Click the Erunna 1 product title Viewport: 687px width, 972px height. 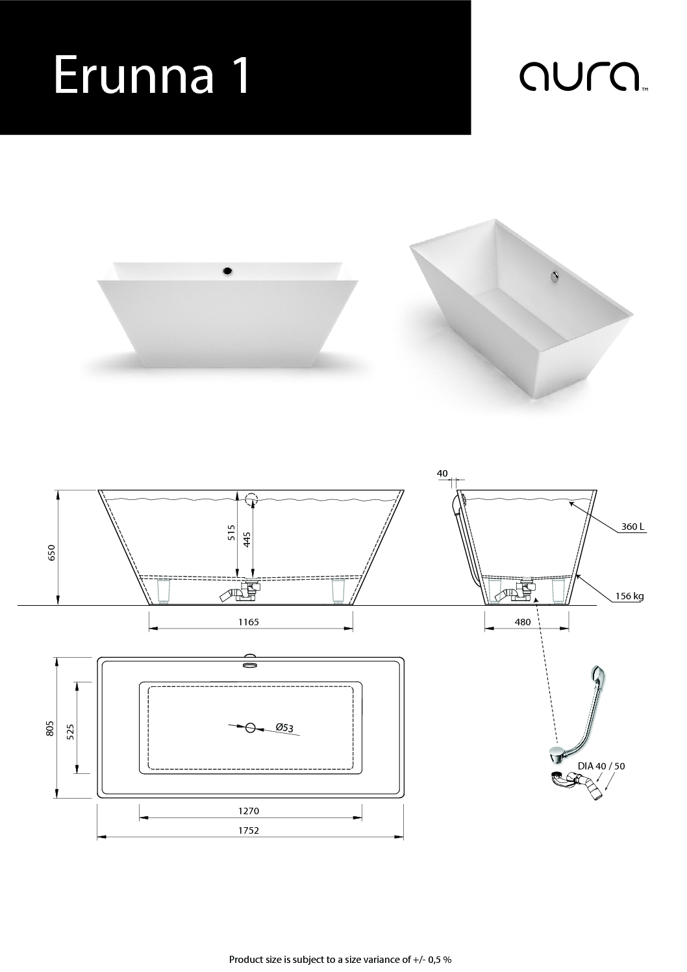coord(151,74)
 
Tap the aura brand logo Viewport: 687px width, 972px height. coord(584,77)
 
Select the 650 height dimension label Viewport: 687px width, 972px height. coord(52,553)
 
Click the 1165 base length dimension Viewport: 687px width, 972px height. coord(248,622)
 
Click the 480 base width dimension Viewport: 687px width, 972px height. coord(523,622)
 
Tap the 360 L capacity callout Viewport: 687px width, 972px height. coord(632,527)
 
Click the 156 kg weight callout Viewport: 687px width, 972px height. coord(629,596)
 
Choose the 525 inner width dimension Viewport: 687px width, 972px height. coord(71,732)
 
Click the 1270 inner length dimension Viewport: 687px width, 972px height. coord(248,810)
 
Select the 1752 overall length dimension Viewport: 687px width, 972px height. coord(248,830)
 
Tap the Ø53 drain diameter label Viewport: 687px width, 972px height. coord(284,727)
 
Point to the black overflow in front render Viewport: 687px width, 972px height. coord(227,271)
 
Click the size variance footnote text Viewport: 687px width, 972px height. coord(340,959)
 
